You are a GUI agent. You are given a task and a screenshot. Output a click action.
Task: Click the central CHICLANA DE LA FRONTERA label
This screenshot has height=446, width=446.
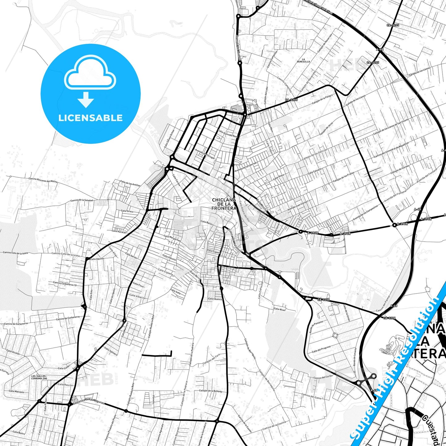(x=224, y=204)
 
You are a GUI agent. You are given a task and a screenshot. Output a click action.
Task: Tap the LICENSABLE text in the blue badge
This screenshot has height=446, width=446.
(x=90, y=118)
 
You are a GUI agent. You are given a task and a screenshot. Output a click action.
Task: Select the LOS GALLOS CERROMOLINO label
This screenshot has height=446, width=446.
(x=39, y=377)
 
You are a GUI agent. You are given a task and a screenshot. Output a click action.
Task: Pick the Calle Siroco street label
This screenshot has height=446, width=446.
(x=127, y=211)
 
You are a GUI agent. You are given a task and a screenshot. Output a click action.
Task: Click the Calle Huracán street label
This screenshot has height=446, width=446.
(x=119, y=231)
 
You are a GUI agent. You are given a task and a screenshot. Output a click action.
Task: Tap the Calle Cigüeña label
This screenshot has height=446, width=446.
(x=165, y=272)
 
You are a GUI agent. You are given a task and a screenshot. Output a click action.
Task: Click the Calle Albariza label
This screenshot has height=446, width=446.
(x=137, y=296)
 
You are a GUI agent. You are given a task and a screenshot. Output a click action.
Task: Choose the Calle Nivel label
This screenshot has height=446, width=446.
(x=280, y=309)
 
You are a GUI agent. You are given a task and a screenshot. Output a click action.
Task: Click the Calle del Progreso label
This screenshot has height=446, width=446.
(x=321, y=349)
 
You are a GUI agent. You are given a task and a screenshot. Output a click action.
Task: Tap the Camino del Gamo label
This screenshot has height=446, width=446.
(x=311, y=396)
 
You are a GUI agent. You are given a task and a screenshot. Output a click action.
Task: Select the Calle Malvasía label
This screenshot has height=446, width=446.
(x=16, y=391)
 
